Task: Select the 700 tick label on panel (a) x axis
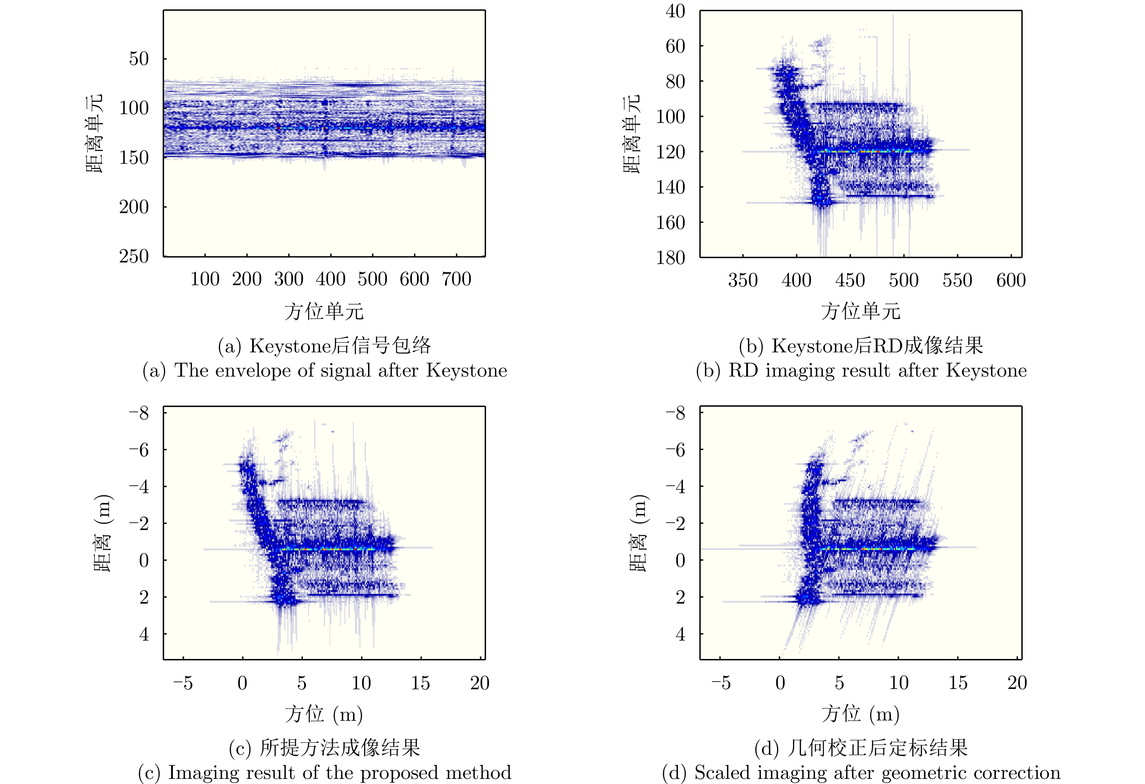(x=456, y=279)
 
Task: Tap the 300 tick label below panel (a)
(x=288, y=279)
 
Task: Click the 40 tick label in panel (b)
(x=675, y=11)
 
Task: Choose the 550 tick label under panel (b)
(x=957, y=280)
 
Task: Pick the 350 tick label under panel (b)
(x=742, y=280)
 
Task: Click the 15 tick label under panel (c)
(x=420, y=683)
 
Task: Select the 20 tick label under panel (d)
(x=1017, y=683)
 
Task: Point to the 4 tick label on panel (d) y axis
(x=680, y=634)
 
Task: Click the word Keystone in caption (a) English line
(x=466, y=370)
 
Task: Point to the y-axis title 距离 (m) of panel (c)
(x=102, y=533)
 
